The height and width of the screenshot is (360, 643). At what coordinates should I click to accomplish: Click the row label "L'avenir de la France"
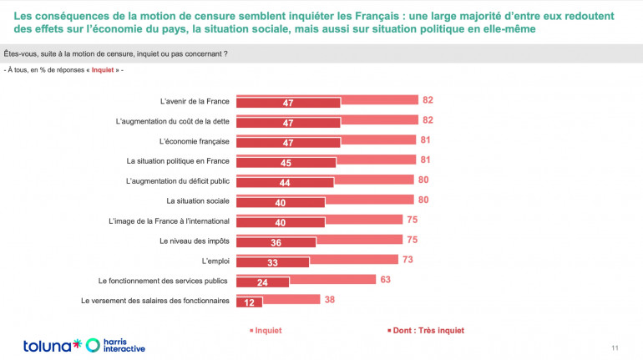tap(195, 102)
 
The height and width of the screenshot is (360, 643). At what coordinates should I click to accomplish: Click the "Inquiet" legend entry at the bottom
tap(266, 330)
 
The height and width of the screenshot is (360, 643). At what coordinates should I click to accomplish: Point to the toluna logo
tap(52, 344)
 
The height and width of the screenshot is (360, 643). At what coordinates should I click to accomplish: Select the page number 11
tap(615, 347)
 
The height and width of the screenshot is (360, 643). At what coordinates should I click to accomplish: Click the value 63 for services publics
tap(386, 280)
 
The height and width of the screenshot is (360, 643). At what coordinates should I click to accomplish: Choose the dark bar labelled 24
tap(263, 281)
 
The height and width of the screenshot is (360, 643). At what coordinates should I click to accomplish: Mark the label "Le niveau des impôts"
tap(194, 241)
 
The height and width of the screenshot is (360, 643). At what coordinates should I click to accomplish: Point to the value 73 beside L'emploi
tap(408, 260)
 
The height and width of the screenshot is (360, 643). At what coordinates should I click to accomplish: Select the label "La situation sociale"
tap(198, 201)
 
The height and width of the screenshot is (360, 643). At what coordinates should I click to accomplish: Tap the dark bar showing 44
tap(285, 182)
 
